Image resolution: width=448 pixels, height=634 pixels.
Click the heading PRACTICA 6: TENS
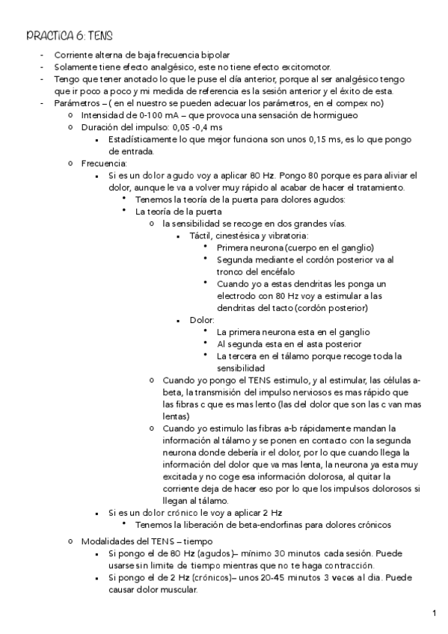pos(70,35)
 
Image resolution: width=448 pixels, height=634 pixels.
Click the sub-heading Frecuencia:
pos(104,163)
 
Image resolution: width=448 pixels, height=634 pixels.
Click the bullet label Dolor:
pos(202,319)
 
